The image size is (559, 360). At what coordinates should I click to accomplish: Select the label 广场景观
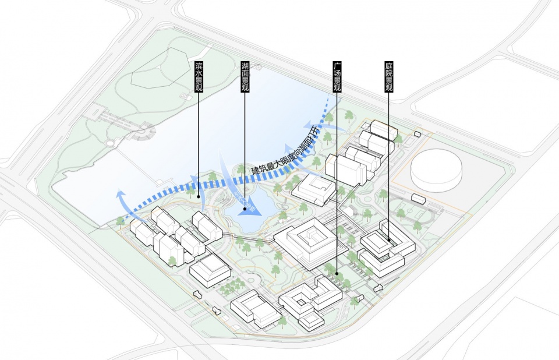tap(337, 76)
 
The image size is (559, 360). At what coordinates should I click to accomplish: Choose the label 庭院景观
tap(388, 76)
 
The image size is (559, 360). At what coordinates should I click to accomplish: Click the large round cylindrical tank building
tap(436, 170)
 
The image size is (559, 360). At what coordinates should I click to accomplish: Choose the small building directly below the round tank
tap(418, 197)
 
